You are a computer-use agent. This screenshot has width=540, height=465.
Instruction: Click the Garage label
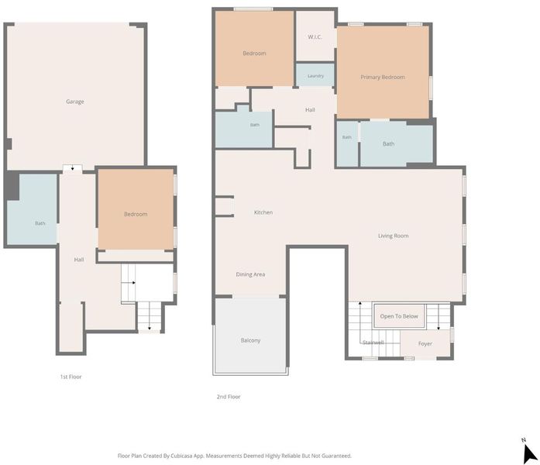click(x=74, y=102)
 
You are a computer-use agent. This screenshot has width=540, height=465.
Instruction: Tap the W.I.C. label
click(x=315, y=37)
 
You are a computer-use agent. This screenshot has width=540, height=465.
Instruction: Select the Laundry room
click(x=315, y=74)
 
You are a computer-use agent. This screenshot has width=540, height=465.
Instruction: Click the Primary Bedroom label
click(x=383, y=77)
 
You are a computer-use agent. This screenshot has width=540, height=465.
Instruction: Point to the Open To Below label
click(x=399, y=316)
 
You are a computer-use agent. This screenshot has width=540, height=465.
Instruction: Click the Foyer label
click(x=425, y=343)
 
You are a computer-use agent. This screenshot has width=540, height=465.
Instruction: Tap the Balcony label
click(x=250, y=340)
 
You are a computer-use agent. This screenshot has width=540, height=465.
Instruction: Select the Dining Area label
click(x=250, y=274)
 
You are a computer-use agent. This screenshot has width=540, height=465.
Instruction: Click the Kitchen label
click(x=263, y=212)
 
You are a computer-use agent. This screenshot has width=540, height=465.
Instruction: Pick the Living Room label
click(x=394, y=236)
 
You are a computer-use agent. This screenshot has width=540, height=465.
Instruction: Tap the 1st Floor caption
click(x=71, y=377)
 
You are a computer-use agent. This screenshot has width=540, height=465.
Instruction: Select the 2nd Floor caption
click(x=229, y=397)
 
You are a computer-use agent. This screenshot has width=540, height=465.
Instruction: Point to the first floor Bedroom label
click(x=136, y=214)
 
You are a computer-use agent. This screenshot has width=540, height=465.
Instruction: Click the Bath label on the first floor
click(x=40, y=223)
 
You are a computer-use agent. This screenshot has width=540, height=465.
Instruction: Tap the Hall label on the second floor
click(x=310, y=110)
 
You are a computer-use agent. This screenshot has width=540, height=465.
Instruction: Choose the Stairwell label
click(x=373, y=343)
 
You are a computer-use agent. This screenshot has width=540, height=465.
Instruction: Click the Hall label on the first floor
click(x=79, y=260)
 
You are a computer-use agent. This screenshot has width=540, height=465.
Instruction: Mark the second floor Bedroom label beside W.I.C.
click(x=254, y=53)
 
